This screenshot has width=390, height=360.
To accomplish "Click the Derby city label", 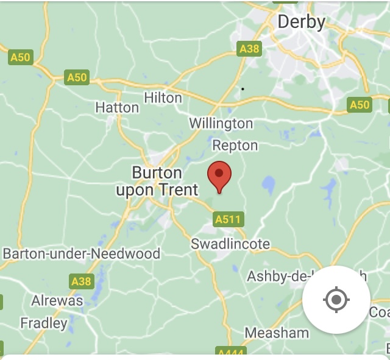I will coord(301,22).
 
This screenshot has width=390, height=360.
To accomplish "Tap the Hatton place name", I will coord(117,107).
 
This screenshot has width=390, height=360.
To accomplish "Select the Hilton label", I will coord(163,97).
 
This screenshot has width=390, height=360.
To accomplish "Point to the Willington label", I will coord(221,124).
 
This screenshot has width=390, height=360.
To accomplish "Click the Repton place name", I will coord(235,146).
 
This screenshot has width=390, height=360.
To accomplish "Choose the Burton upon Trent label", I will coord(157,182).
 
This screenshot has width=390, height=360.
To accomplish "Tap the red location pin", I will coord(219,175).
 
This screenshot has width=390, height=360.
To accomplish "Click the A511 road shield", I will coord(229,219).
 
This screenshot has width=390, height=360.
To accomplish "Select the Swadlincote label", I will coord(230,244).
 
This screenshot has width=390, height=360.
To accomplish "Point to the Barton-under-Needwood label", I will coord(82,253).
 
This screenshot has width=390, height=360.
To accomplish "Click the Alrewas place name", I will coord(57,301).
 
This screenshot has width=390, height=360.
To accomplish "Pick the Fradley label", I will coord(43,323).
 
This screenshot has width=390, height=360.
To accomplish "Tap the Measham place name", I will coord(277,333).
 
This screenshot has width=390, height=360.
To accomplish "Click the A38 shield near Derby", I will coord(249,49).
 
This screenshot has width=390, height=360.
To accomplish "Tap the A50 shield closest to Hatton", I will coord(77,77).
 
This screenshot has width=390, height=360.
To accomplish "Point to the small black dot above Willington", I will coord(243,89).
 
